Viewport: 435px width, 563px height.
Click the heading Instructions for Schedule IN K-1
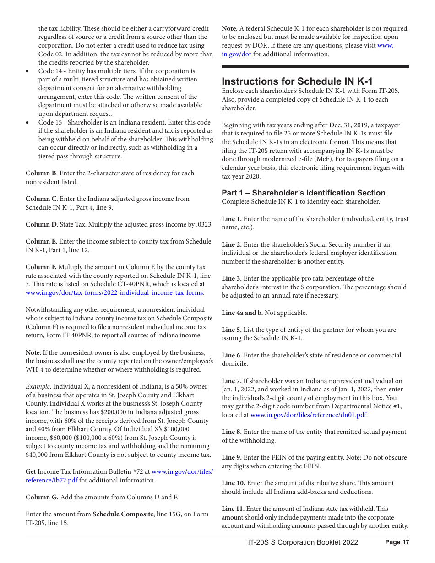(297, 81)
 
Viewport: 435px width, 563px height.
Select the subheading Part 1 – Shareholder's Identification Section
(303, 193)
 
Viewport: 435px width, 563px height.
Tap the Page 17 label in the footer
(397, 542)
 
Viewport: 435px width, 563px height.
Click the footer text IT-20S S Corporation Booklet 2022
(303, 542)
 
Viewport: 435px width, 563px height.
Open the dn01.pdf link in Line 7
(309, 415)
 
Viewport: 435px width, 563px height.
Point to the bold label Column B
(41, 173)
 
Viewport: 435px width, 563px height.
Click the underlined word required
(77, 327)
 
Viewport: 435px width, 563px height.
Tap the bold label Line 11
(234, 509)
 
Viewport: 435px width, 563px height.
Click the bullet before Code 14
(28, 71)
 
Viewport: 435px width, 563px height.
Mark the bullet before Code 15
(28, 123)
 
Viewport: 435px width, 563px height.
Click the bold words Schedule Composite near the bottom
(123, 514)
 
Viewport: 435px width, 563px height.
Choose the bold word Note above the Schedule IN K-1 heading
(229, 28)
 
